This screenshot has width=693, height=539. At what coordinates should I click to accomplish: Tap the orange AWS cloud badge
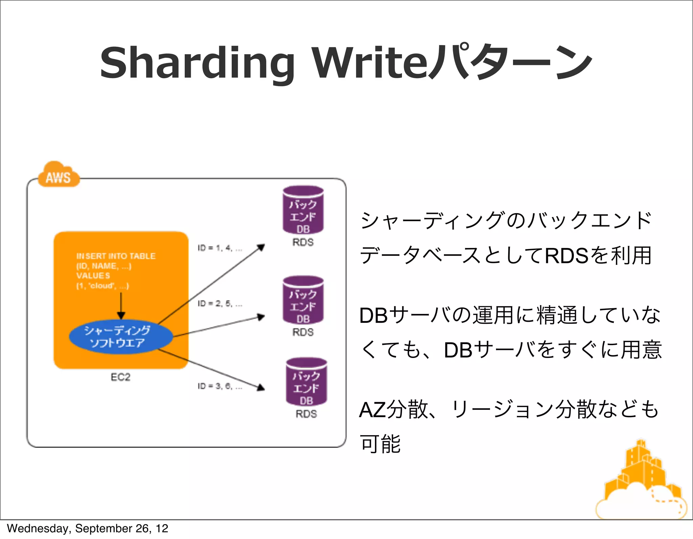coord(58,175)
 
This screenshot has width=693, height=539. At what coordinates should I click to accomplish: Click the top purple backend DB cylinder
coord(303,210)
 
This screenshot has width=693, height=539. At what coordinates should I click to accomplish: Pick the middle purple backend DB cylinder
coord(303,300)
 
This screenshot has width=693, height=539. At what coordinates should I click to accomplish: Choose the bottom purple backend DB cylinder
coord(306,382)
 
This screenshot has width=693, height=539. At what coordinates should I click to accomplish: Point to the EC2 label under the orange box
coord(120,377)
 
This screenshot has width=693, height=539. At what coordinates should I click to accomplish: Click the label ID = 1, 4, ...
coord(220,248)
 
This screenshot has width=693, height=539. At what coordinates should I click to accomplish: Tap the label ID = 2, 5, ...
coord(220,304)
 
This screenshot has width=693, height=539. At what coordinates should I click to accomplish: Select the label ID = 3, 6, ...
coord(220,386)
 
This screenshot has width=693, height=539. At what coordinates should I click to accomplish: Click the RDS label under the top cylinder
coord(303,242)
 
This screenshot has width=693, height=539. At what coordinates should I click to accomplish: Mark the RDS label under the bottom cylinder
coord(306,414)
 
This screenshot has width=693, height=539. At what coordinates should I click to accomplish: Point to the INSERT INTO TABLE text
coord(116,256)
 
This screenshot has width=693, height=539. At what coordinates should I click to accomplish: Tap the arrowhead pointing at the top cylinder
coord(261,248)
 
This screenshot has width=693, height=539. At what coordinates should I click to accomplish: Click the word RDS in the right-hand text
coord(566,255)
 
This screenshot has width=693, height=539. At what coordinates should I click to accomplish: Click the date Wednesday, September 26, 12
coord(87,529)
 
